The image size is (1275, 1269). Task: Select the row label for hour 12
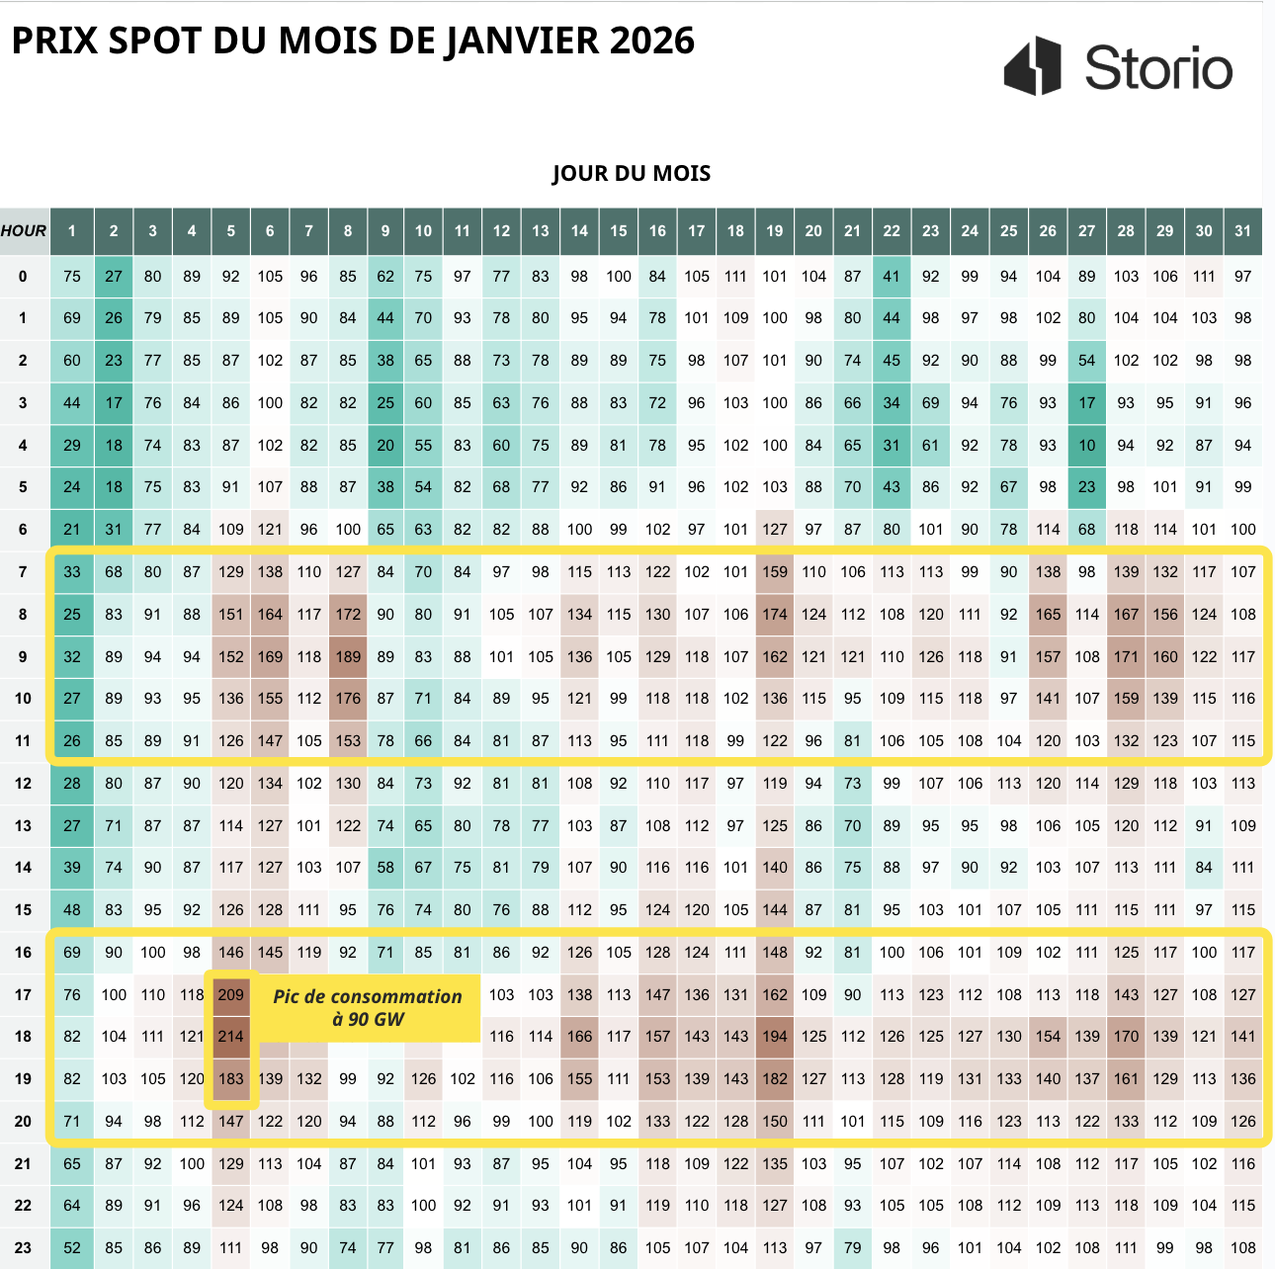coord(23,783)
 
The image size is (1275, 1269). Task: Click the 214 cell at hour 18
coord(231,1036)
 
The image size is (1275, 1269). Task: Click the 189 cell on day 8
coord(348,657)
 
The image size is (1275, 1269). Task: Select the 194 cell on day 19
coord(774,1036)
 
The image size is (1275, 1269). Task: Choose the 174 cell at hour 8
coord(774,614)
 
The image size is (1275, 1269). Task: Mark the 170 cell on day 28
coord(1126,1036)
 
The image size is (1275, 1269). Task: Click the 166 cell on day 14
coord(579,1036)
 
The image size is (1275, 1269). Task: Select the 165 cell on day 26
coord(1047,614)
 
